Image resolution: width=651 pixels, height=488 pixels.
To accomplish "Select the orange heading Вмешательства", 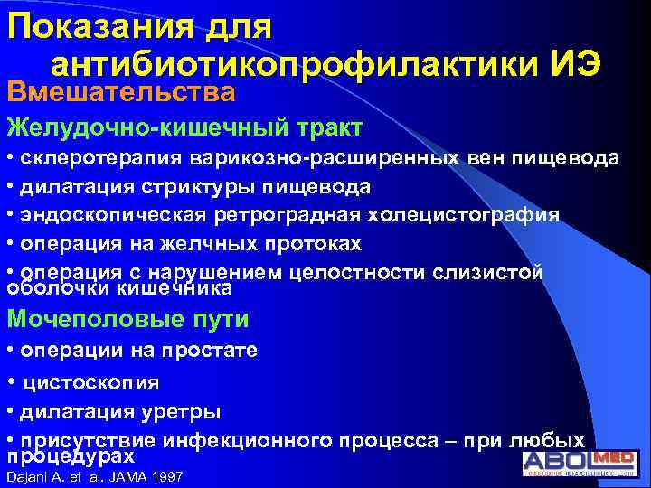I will click(121, 92).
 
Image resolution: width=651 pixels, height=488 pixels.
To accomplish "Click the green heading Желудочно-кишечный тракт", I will click(185, 127).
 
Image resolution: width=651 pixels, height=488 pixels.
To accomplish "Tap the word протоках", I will click(307, 243).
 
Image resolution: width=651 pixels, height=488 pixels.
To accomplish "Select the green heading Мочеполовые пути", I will click(127, 319).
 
